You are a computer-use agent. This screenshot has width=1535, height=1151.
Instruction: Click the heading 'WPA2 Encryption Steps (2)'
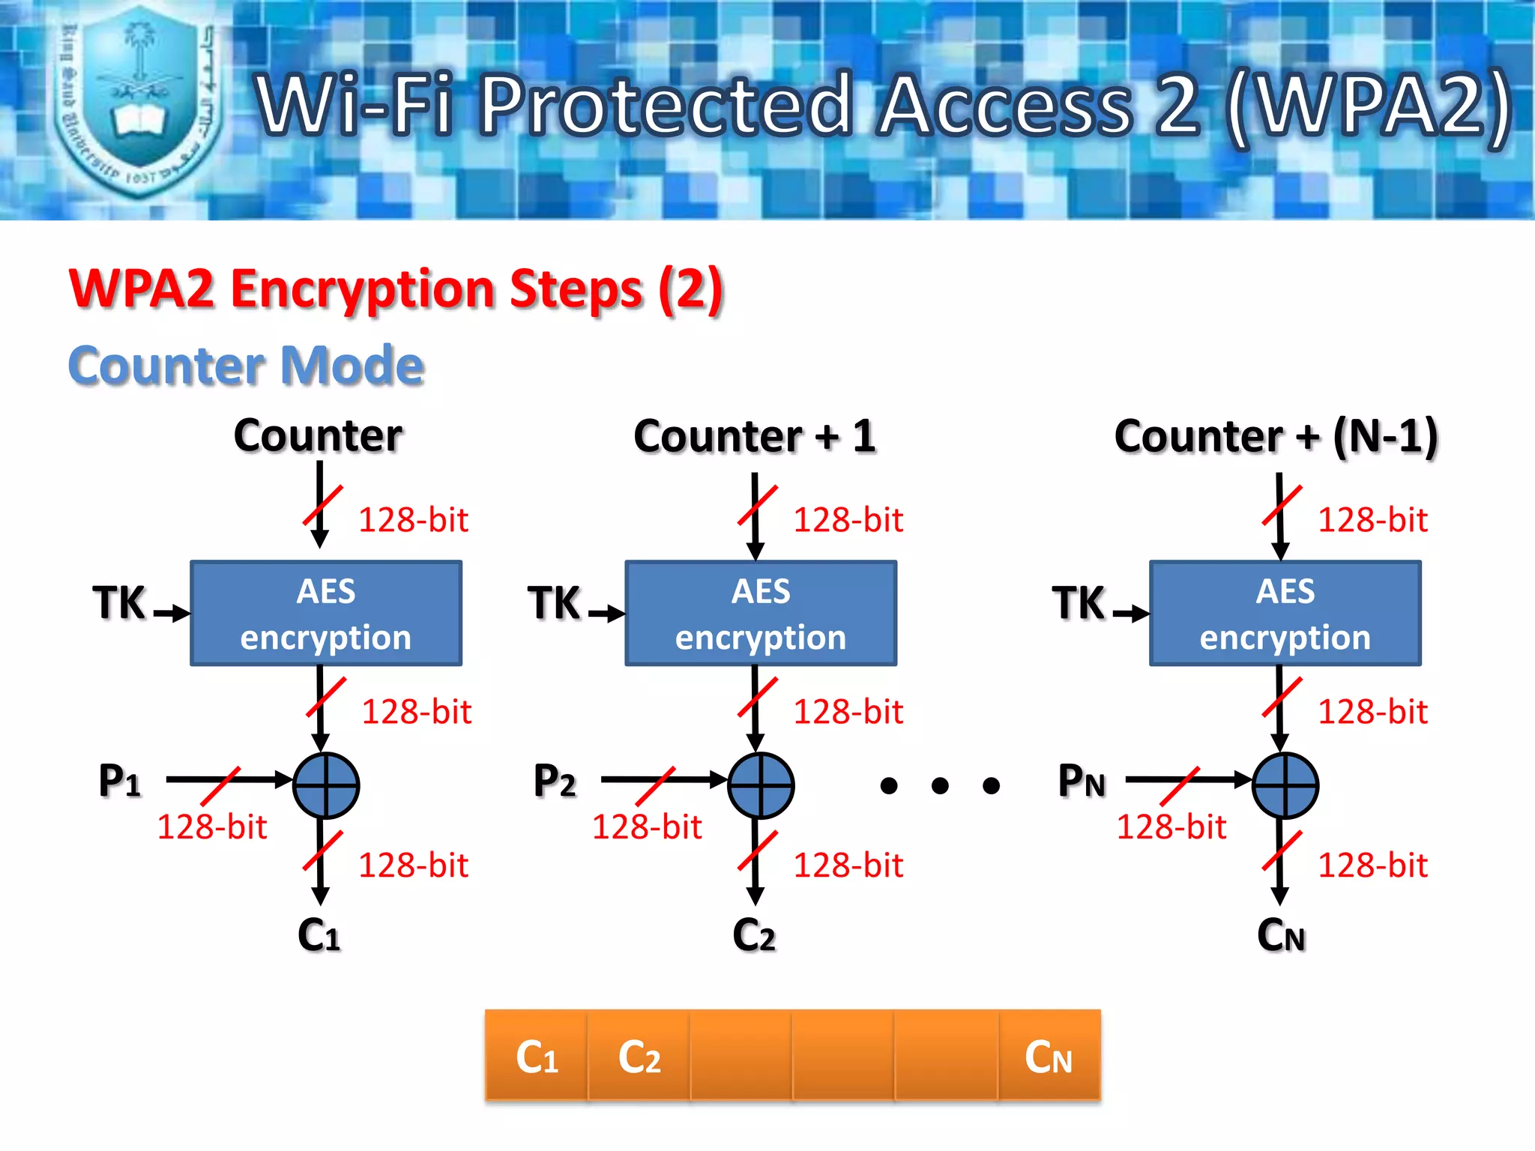click(x=396, y=289)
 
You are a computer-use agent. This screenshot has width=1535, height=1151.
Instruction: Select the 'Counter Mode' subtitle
click(x=247, y=366)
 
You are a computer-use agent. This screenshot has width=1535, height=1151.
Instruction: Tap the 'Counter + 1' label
click(x=755, y=436)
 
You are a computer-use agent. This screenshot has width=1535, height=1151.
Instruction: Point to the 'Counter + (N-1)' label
click(x=1276, y=436)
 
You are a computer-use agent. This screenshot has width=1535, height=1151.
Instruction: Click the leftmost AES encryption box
click(x=326, y=613)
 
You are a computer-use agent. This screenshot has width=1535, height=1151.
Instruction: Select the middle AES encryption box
click(x=761, y=613)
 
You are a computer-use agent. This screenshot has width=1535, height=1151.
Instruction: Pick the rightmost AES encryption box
click(x=1285, y=613)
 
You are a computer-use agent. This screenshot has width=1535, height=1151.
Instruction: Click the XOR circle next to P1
click(x=326, y=785)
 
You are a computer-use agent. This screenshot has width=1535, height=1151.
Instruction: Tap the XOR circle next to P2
click(x=761, y=785)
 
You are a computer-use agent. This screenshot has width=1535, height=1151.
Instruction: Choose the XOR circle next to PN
click(x=1285, y=785)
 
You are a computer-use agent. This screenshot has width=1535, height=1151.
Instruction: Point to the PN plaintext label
click(x=1081, y=781)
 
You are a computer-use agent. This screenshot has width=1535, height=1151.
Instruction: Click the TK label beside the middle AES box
click(x=554, y=603)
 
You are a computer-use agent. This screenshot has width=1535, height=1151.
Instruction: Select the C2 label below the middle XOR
click(x=754, y=935)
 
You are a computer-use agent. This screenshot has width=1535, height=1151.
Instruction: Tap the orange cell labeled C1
click(x=537, y=1057)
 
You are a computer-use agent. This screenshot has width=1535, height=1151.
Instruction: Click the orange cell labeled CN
click(x=1049, y=1057)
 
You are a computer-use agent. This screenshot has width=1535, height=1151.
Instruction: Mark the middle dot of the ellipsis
click(x=940, y=785)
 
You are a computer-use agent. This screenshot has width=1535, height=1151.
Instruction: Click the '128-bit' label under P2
click(x=647, y=827)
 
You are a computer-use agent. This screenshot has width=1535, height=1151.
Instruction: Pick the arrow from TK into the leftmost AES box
click(x=172, y=613)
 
